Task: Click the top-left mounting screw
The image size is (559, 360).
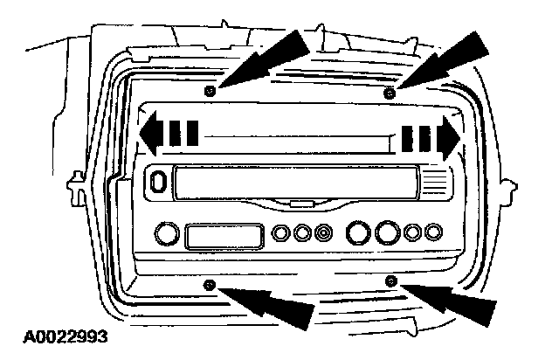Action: click(208, 91)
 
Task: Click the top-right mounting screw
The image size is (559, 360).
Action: click(390, 91)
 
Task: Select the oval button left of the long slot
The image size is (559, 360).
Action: click(157, 181)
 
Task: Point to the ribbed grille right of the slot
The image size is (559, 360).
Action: click(435, 183)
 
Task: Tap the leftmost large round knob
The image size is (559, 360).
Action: click(164, 234)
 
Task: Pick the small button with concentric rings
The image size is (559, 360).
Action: click(325, 233)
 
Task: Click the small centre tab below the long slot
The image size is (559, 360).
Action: click(300, 204)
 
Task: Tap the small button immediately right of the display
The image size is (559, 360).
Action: click(281, 234)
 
